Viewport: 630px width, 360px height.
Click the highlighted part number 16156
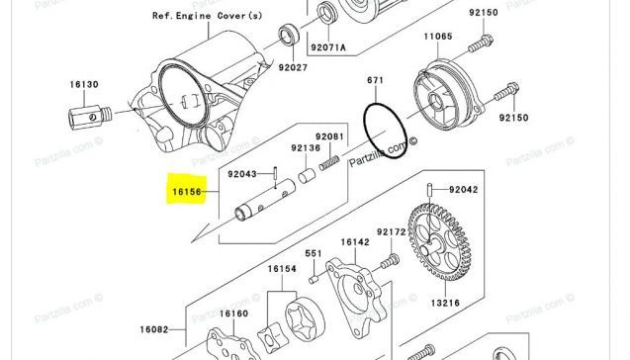[186, 192]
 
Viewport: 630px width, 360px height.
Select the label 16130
[84, 84]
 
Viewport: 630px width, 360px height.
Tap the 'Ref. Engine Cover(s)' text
[207, 16]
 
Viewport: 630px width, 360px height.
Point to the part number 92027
[293, 67]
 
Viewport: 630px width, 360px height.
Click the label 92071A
[328, 47]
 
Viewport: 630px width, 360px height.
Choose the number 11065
[438, 37]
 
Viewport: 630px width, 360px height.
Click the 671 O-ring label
[375, 80]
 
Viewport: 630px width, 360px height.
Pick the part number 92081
[329, 136]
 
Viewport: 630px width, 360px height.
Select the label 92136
[306, 148]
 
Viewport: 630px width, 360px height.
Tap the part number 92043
[242, 174]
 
